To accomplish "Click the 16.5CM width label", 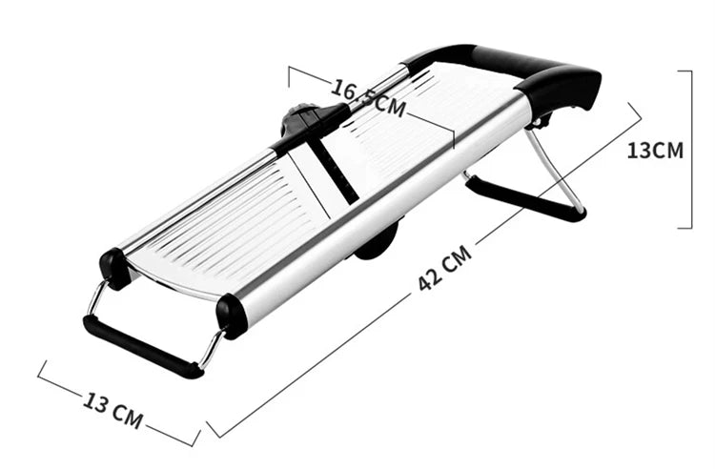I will click(368, 95).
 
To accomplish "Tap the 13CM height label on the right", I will click(655, 150).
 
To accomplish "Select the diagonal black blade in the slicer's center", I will click(334, 172).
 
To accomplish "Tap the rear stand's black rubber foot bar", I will click(524, 199).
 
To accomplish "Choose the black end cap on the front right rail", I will click(232, 316).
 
